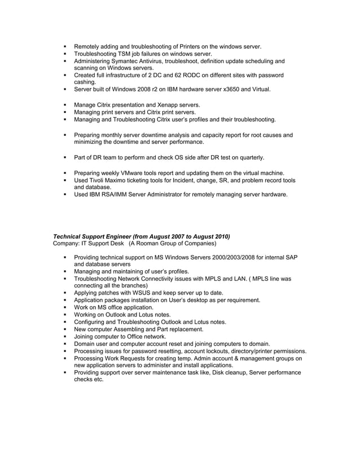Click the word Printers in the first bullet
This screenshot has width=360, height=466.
point(191,46)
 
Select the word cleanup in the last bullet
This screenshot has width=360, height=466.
point(223,372)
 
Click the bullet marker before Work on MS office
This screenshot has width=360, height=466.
point(66,307)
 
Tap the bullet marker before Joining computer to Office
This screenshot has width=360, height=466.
point(66,336)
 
